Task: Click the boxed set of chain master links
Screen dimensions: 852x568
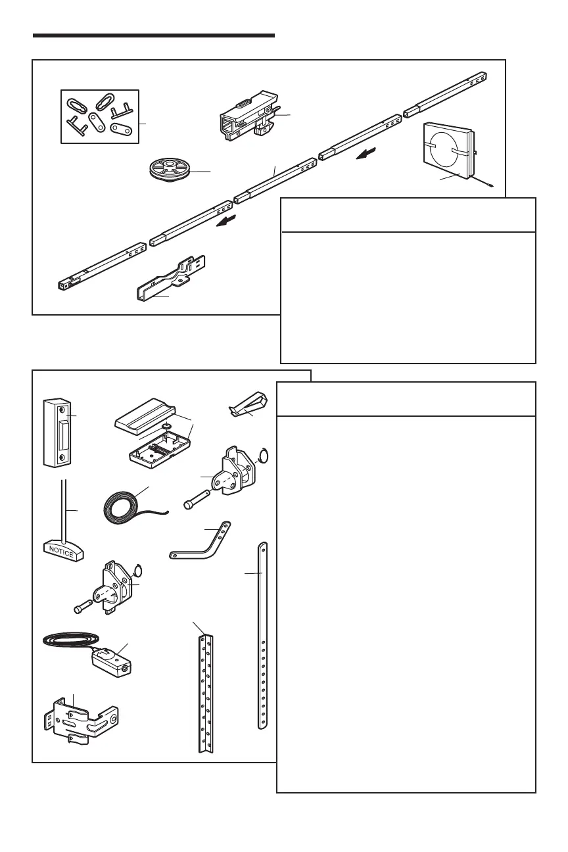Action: coord(99,116)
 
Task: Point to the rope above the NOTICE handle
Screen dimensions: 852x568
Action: coord(64,509)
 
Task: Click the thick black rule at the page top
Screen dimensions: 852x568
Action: coord(153,35)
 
